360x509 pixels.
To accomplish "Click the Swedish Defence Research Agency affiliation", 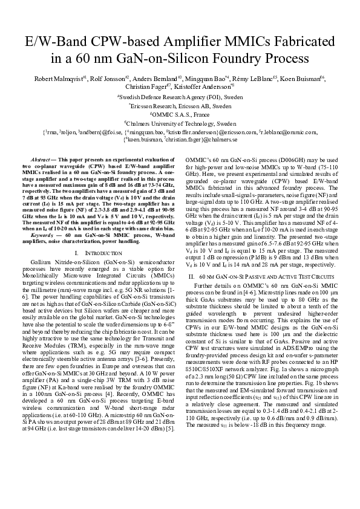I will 180,96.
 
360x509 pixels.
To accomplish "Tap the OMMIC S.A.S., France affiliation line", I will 180,114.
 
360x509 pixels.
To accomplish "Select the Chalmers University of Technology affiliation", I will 180,122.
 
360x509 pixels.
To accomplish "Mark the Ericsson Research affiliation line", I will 180,105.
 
